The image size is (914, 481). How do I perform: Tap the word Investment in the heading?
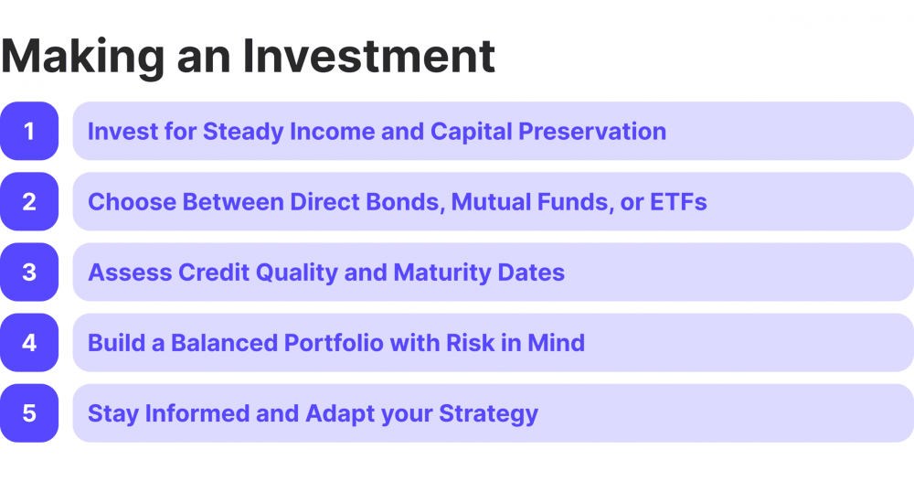point(368,57)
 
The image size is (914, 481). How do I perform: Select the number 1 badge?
point(29,132)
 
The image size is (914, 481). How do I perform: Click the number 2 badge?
point(29,202)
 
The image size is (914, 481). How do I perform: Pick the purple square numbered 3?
point(29,273)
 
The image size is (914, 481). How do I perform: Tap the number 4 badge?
point(29,343)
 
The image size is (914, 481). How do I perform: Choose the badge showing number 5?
point(29,413)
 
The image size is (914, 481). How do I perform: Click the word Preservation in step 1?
point(592,132)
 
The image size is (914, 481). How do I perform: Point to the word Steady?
point(242,132)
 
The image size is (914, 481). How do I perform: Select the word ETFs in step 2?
point(678,202)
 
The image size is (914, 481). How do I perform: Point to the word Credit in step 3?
point(219,273)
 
